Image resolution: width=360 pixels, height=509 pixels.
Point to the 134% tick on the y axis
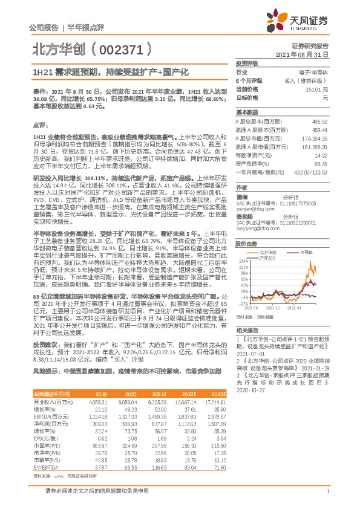[x=241, y=261]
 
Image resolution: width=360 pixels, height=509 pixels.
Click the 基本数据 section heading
[x=246, y=113]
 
